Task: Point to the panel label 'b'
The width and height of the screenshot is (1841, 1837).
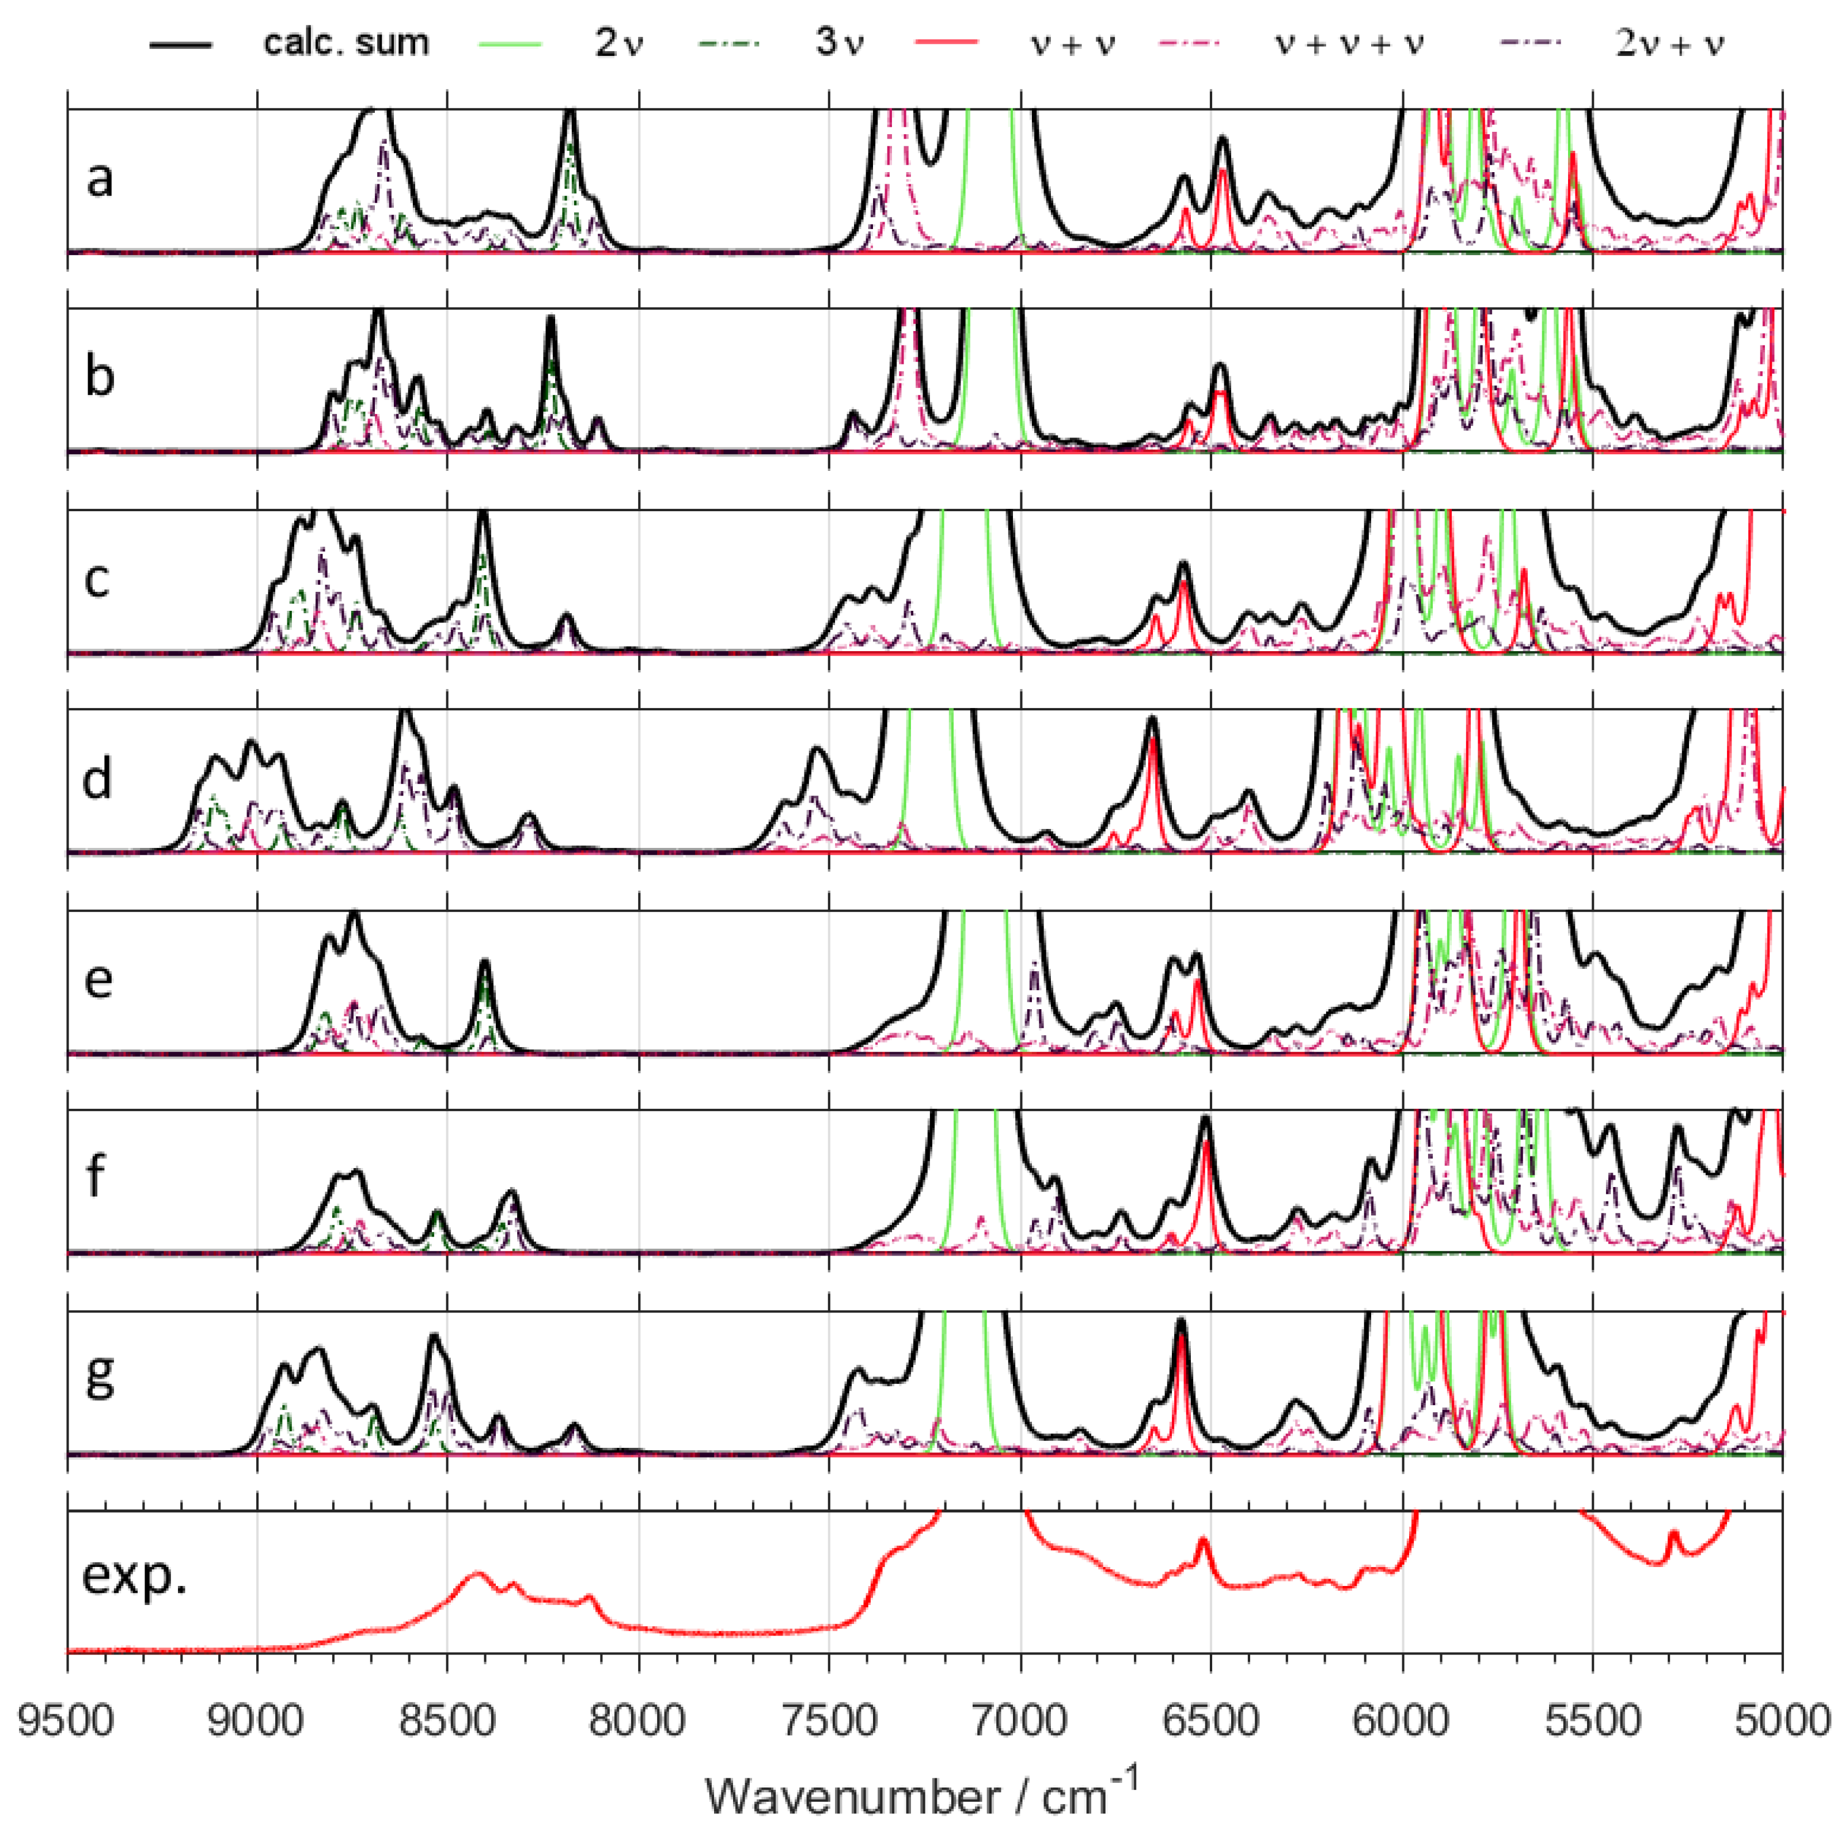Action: (99, 376)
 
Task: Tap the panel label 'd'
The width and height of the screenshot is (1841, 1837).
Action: (97, 778)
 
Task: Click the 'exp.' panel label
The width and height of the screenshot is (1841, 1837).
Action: (134, 1577)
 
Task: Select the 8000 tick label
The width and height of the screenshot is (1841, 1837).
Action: (639, 1722)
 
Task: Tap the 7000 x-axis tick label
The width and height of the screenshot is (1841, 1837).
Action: (1022, 1722)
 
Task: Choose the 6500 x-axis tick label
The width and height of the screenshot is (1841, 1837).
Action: (1212, 1722)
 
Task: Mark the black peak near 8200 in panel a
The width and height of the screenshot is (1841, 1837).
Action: (570, 115)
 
